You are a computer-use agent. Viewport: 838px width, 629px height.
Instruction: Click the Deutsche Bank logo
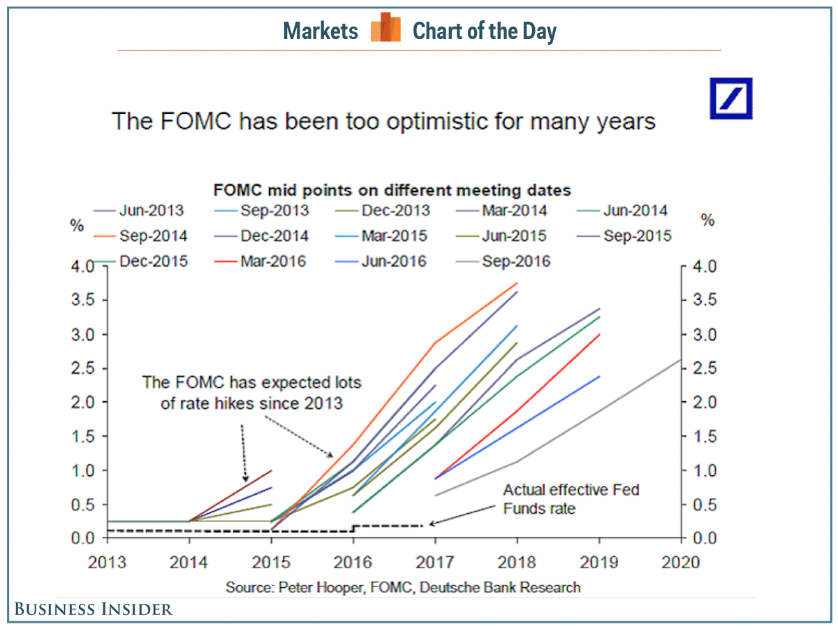[731, 99]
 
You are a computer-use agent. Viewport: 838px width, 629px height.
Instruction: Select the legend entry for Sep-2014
[149, 236]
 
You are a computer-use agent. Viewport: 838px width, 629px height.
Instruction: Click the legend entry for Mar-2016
[273, 262]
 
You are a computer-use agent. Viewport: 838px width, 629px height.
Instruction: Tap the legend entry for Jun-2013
[149, 210]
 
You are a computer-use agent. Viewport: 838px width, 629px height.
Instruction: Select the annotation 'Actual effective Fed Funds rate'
[571, 499]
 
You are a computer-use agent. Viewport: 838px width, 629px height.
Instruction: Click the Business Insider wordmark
[94, 609]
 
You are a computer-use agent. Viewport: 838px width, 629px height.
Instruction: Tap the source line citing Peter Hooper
[403, 587]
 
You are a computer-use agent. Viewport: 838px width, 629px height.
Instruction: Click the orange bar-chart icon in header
[385, 29]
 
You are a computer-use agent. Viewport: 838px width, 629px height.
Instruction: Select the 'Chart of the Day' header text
[485, 31]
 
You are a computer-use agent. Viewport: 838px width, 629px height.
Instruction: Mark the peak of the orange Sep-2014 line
[517, 283]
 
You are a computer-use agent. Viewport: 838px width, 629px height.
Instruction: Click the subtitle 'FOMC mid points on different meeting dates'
[392, 190]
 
